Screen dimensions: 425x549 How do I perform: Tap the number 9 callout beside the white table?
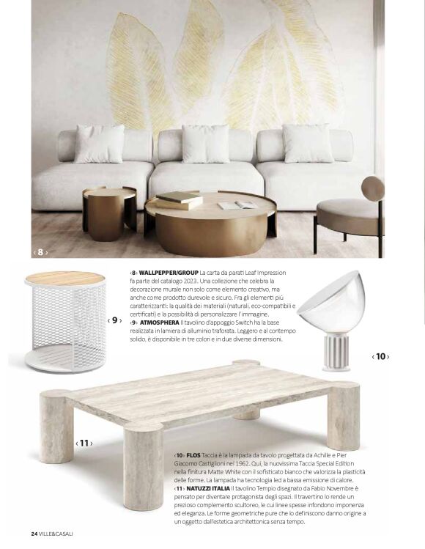pyautogui.click(x=114, y=320)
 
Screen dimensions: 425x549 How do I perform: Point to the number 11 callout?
pyautogui.click(x=84, y=443)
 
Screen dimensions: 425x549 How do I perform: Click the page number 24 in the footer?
pyautogui.click(x=34, y=533)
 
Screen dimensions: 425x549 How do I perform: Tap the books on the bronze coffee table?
pyautogui.click(x=180, y=199)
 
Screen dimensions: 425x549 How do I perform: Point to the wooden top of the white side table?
pyautogui.click(x=64, y=278)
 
